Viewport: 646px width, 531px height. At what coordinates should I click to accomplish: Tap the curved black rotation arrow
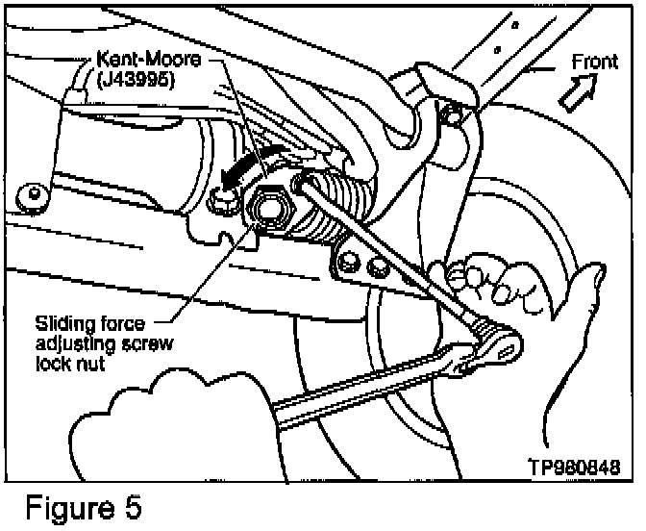(237, 171)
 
